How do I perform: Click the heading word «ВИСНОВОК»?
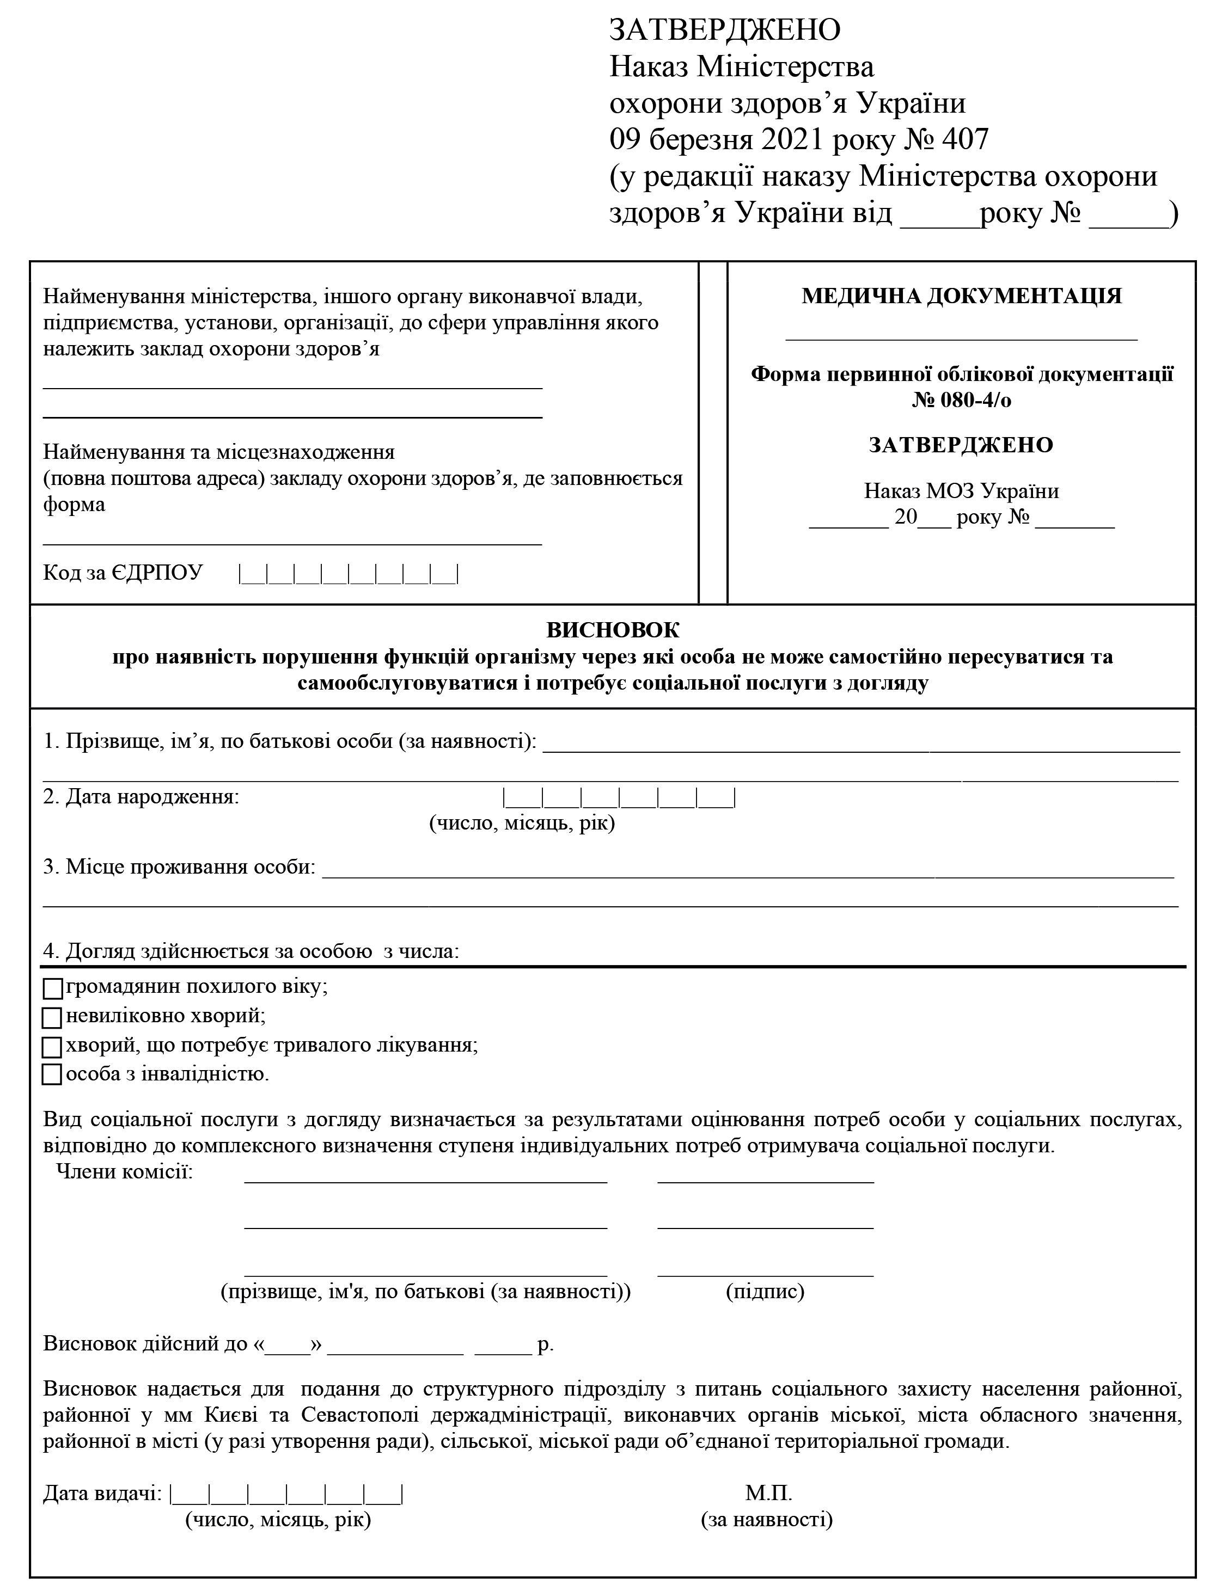click(613, 629)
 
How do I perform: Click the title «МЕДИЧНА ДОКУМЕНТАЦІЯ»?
click(962, 296)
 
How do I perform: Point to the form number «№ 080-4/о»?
click(962, 400)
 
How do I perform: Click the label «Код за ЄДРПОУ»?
click(123, 573)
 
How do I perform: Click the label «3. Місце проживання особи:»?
click(180, 867)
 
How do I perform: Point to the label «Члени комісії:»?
click(125, 1172)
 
